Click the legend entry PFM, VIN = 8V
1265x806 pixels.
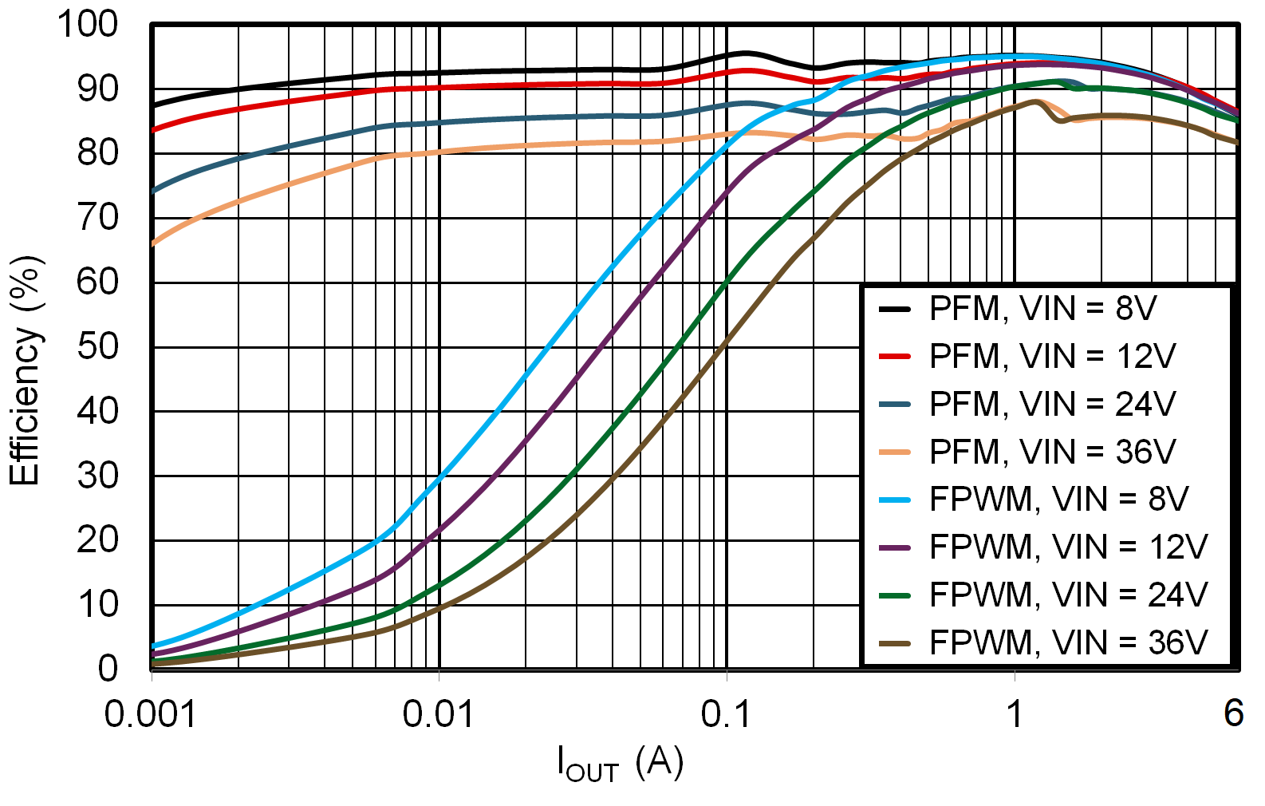(1042, 308)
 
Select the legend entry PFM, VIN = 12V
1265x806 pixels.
(1051, 356)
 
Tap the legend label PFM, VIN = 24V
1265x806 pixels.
(1051, 404)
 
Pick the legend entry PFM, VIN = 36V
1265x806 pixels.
(1051, 452)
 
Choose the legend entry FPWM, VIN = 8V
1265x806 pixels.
(1058, 500)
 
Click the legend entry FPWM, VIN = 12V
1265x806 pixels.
(1067, 547)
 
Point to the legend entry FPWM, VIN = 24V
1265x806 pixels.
(1067, 595)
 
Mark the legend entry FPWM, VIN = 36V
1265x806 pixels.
(1067, 642)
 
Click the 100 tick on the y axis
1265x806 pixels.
(87, 24)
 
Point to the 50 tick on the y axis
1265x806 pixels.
(97, 347)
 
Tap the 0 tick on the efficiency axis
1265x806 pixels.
(108, 669)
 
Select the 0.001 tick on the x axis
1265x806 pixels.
(151, 713)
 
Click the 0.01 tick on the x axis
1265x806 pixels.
(438, 713)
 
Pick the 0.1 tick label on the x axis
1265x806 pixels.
(726, 713)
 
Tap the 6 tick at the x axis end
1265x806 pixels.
(1233, 713)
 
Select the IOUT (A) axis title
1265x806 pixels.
(621, 764)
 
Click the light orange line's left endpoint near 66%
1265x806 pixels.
(153, 243)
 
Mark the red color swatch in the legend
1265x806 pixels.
(894, 356)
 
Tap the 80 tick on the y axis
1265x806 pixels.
(97, 152)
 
